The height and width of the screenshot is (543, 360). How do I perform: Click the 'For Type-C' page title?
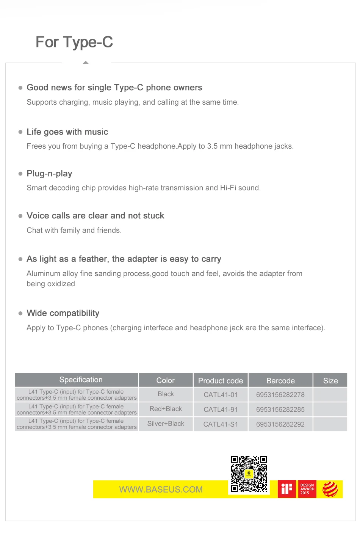[x=74, y=42]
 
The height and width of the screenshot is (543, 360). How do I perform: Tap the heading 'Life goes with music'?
[x=67, y=132]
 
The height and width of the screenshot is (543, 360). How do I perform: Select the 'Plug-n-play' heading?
[x=49, y=174]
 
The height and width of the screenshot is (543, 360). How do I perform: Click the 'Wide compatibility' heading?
[x=63, y=313]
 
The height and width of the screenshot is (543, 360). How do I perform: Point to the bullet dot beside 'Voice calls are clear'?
[x=20, y=216]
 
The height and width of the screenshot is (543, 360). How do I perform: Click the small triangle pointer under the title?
[x=86, y=63]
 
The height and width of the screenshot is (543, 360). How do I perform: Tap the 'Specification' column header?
[x=81, y=380]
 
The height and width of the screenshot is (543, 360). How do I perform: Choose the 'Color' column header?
[x=166, y=380]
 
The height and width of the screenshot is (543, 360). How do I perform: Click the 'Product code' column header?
[x=221, y=381]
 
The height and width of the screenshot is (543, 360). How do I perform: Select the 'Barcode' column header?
[x=280, y=381]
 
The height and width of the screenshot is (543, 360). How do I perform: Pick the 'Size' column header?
[x=330, y=381]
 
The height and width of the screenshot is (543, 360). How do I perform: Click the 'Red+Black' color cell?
[x=166, y=409]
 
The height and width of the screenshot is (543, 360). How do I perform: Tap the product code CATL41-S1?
[x=221, y=424]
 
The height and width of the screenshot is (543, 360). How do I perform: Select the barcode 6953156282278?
[x=280, y=395]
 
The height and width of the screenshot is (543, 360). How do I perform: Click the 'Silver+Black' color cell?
[x=166, y=424]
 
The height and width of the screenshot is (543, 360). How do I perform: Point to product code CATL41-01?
[x=221, y=395]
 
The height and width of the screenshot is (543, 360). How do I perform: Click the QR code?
[x=249, y=474]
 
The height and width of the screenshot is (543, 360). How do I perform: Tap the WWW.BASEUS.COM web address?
[x=161, y=490]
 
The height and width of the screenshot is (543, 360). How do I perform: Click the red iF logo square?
[x=287, y=489]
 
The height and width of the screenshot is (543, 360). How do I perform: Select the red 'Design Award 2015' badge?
[x=307, y=489]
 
